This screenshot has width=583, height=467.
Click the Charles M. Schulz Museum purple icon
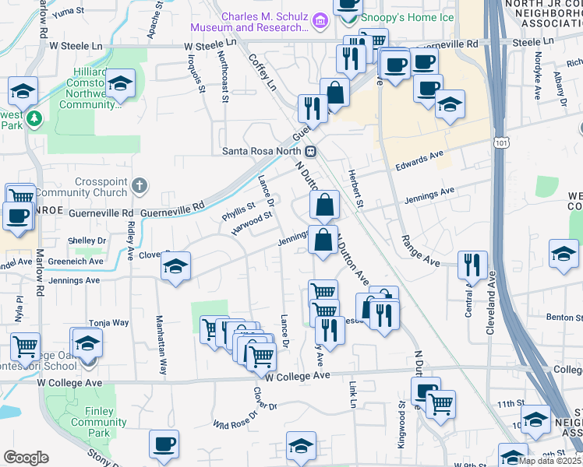(319, 19)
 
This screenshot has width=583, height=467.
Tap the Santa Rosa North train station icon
(310, 151)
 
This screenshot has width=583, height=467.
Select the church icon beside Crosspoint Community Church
(139, 185)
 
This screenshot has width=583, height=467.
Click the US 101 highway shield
(498, 142)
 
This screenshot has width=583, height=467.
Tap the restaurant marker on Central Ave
(472, 265)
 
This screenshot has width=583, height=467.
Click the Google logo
(26, 457)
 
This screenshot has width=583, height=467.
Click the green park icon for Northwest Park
(34, 118)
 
